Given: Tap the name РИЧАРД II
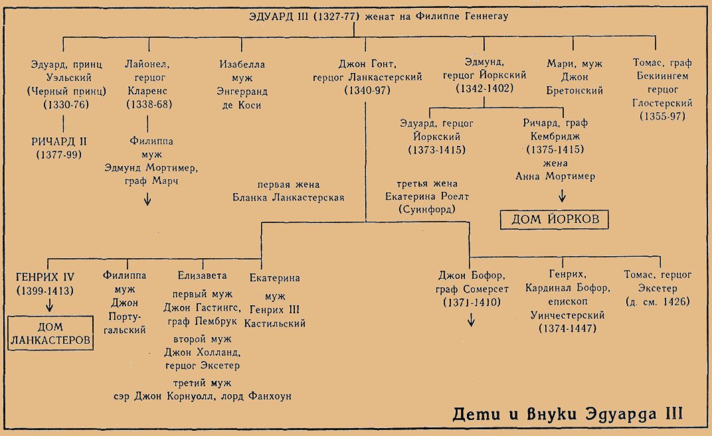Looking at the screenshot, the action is pos(59,141).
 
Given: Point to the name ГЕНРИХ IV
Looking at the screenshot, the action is pos(45,277).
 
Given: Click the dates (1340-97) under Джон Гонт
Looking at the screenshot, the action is pos(367,90).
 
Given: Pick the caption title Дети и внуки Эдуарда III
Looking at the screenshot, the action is pos(568,414).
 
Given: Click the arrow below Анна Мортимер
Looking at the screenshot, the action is pos(562,196).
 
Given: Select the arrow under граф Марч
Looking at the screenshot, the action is pos(147,199).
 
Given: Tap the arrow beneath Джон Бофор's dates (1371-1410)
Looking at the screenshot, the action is pos(472,320).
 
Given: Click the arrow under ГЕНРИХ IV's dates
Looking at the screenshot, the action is pos(50,305).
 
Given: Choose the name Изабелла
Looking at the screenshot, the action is pos(242,64).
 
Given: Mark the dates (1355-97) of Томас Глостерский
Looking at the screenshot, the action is pos(662,116).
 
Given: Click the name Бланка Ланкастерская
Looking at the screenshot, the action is pos(288,198).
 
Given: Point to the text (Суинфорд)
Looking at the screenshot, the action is pos(427,209).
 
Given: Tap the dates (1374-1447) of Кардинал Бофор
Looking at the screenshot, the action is pos(568,328).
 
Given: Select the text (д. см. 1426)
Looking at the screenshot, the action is pos(658,302).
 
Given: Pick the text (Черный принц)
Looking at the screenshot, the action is pos(66,91).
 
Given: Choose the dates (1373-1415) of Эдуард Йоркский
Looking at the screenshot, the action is pos(437,150).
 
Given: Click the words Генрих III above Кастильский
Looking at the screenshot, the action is pos(275,310).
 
